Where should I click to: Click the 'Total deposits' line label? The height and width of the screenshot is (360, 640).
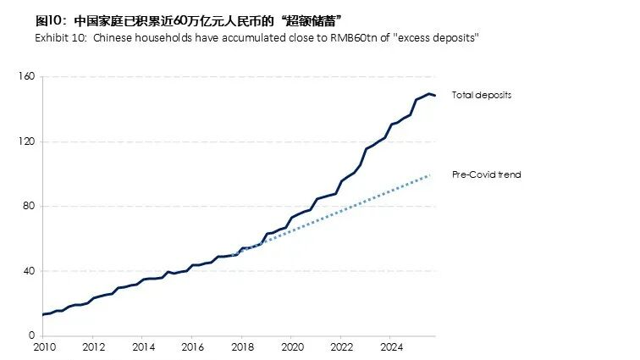[x=481, y=95]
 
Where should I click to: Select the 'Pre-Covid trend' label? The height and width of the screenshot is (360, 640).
[x=486, y=174]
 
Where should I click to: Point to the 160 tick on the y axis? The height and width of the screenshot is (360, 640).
[x=25, y=77]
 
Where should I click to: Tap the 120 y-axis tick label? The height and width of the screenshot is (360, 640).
[x=25, y=141]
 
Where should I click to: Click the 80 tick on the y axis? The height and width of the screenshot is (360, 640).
[x=28, y=206]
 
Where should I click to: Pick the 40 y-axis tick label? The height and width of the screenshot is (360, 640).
[x=28, y=271]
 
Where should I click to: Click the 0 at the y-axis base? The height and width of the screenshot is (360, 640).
[x=30, y=335]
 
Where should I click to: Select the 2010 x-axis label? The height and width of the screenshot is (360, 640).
[x=43, y=347]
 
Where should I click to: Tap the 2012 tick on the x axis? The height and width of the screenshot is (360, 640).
[x=93, y=347]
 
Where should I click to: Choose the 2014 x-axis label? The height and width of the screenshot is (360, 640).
[x=143, y=347]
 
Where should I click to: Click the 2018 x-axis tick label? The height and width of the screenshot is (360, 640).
[x=242, y=347]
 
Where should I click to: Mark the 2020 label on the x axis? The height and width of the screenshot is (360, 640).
[x=292, y=347]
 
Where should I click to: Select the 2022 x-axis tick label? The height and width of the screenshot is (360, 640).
[x=341, y=347]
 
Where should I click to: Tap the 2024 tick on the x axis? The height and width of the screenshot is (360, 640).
[x=391, y=347]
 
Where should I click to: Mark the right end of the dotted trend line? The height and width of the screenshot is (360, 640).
[x=430, y=174]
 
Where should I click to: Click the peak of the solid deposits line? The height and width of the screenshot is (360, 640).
[x=428, y=93]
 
